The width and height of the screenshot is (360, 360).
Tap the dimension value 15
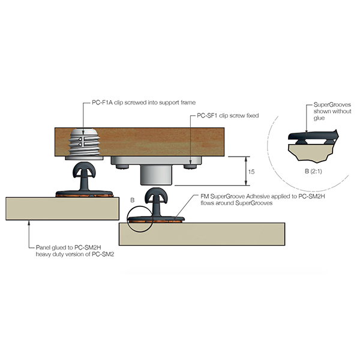(251, 172)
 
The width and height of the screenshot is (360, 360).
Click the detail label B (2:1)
(313, 171)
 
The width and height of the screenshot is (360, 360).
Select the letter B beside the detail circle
(132, 200)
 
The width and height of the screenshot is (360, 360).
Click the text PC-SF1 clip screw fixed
(228, 115)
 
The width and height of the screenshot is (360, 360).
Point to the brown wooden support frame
(139, 142)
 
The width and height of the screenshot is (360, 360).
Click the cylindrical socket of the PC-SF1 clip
(156, 175)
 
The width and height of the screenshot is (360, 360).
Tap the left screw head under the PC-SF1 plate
(122, 167)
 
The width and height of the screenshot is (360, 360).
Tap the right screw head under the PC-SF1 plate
(190, 167)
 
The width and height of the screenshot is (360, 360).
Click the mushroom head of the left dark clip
(84, 170)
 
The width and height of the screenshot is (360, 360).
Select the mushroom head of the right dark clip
(156, 196)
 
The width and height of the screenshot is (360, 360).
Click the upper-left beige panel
(62, 208)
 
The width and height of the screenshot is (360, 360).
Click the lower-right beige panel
(202, 234)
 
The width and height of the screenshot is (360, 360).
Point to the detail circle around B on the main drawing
(140, 219)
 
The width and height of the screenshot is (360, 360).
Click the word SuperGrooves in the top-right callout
(332, 105)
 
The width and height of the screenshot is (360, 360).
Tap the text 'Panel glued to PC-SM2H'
(68, 247)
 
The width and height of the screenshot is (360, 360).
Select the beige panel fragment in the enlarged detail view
(311, 152)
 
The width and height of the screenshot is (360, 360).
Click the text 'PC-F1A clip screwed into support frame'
(144, 103)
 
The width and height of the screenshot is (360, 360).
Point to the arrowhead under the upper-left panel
(29, 223)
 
